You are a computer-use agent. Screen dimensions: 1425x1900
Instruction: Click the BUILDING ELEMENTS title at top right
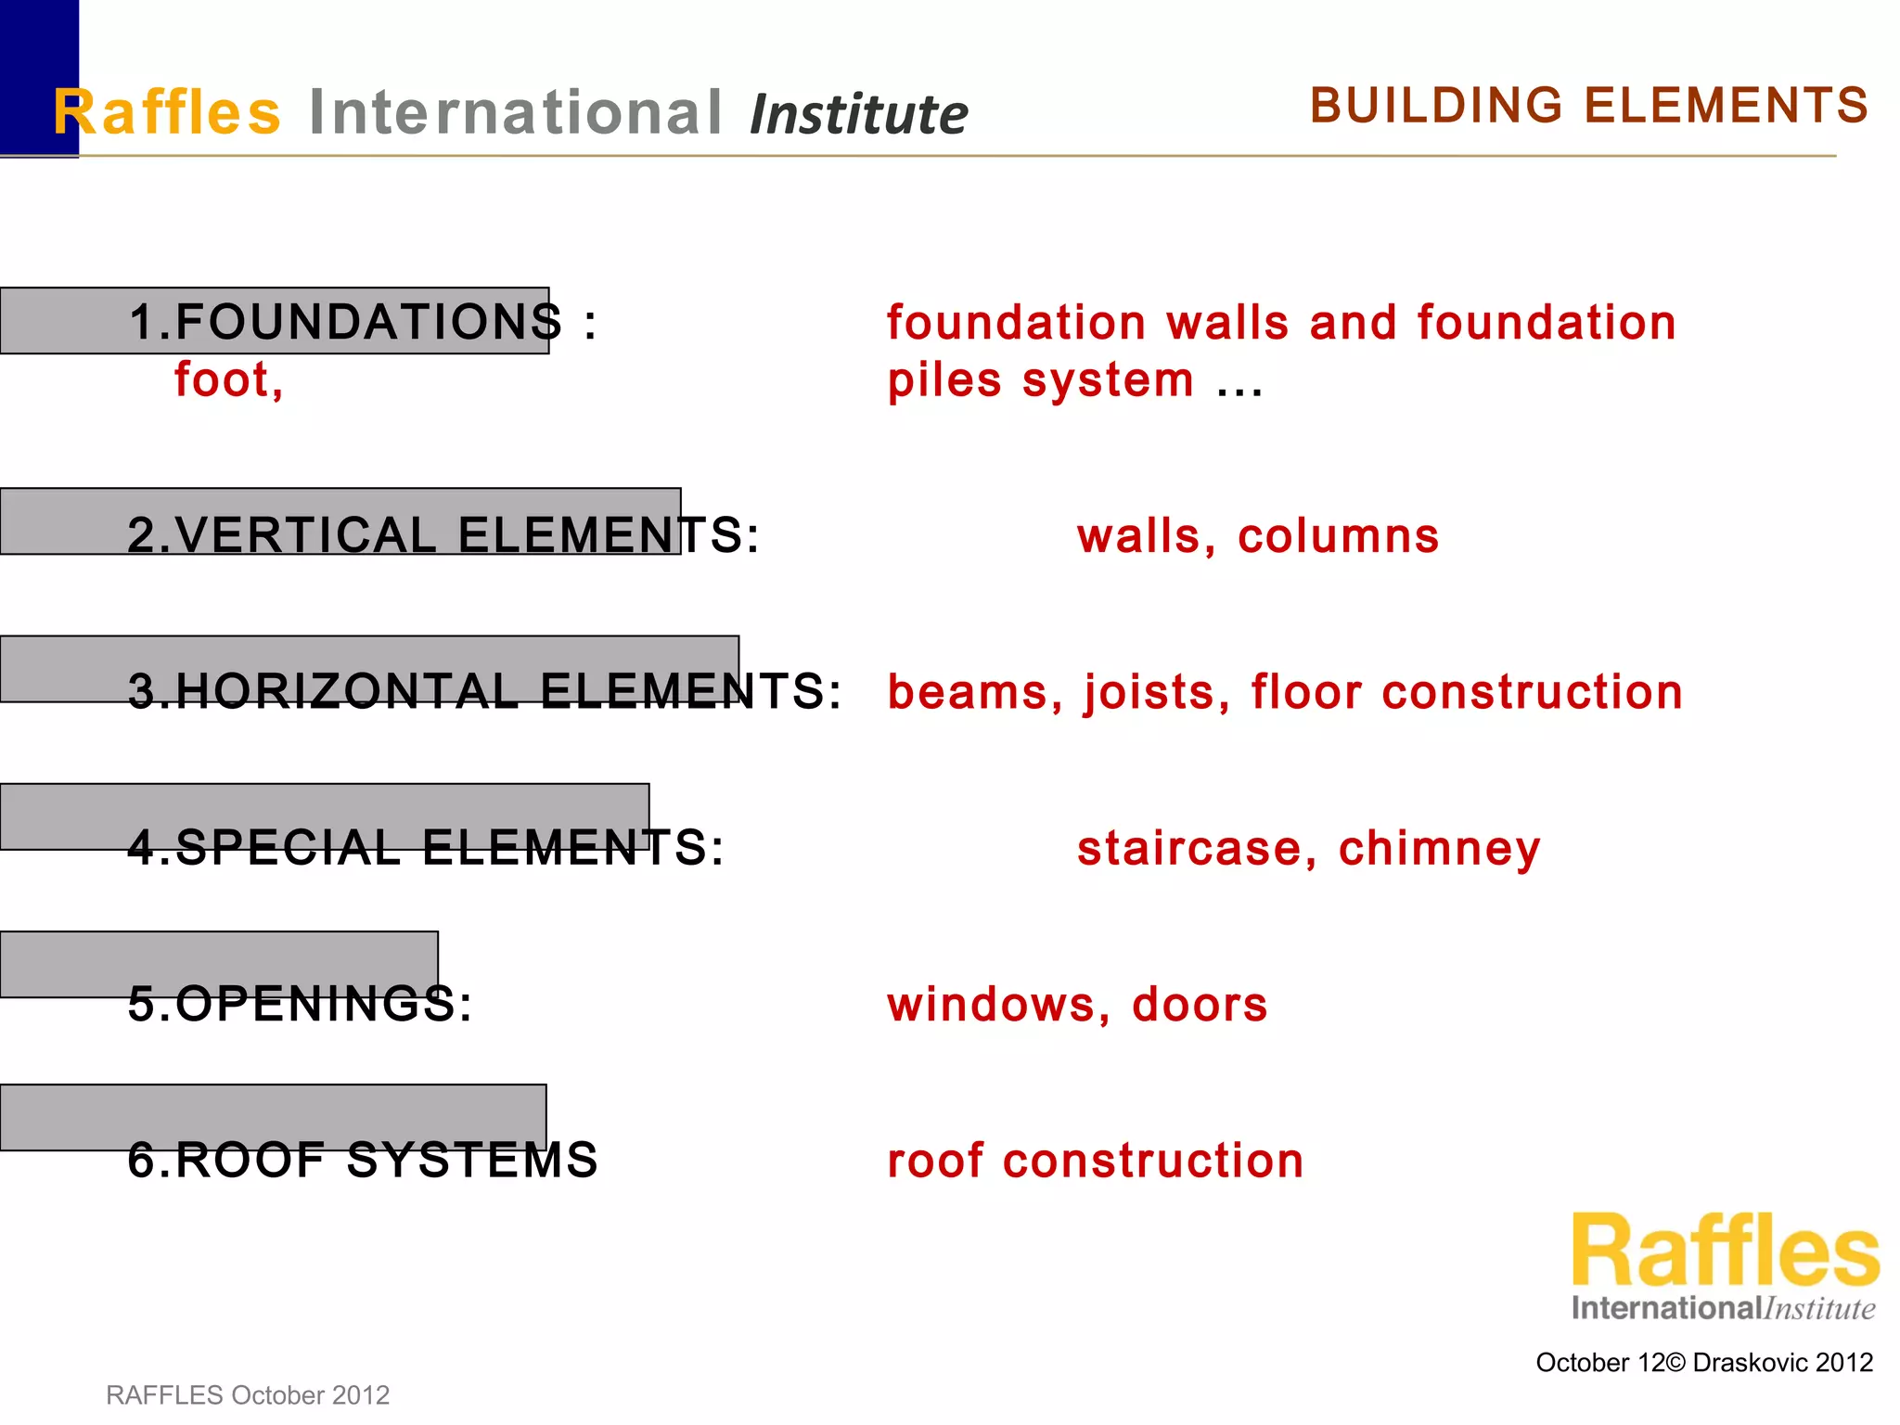pos(1588,106)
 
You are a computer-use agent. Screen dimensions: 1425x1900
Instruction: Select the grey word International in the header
pos(515,112)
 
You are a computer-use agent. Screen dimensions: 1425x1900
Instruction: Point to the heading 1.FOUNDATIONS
pos(345,322)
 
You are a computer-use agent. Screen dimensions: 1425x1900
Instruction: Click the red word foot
pos(228,379)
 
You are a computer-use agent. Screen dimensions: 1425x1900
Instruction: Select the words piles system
pos(1040,380)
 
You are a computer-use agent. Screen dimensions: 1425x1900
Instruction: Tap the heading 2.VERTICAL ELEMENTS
pos(443,535)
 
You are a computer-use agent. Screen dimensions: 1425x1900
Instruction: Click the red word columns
pos(1338,536)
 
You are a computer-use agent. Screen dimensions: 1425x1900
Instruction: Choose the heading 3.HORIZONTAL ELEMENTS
pos(484,691)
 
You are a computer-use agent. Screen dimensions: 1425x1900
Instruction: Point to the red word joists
pos(1157,693)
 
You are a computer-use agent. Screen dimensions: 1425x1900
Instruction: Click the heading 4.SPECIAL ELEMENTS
pos(425,847)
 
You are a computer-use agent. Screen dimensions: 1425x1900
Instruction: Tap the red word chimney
pos(1439,849)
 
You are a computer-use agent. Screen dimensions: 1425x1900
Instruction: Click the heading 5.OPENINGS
pos(300,1004)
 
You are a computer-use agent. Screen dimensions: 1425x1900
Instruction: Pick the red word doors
pos(1200,1004)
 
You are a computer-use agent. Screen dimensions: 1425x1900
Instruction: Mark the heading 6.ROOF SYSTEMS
pos(363,1160)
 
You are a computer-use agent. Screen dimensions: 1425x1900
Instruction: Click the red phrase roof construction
pos(1095,1161)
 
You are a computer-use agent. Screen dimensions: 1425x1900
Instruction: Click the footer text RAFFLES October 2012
pos(248,1394)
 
